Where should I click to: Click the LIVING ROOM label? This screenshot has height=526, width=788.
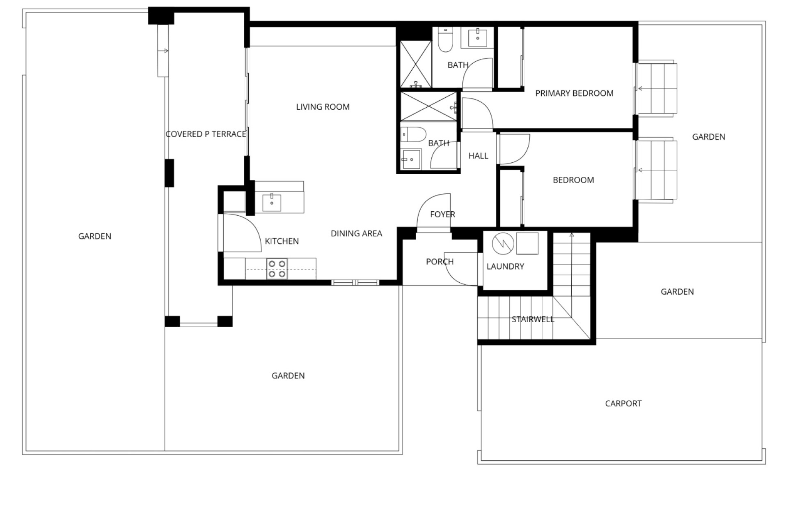tap(323, 107)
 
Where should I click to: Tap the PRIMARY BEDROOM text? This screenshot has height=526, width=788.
tap(574, 93)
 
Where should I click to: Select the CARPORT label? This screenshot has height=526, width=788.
tap(623, 404)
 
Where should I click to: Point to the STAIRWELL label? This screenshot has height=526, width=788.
tap(533, 319)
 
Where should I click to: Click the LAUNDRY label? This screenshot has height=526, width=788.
tap(505, 267)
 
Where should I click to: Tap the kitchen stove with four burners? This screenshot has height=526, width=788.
tap(277, 269)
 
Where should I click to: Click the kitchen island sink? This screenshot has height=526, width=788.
tap(272, 203)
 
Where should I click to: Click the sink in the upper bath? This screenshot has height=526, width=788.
tap(478, 38)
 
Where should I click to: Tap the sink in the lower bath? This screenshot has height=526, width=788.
tap(410, 159)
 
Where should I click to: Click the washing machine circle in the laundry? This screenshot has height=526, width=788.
tap(503, 244)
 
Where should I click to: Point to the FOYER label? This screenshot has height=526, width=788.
tap(442, 215)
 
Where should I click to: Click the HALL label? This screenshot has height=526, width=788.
tap(478, 156)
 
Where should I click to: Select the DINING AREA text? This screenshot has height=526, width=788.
tap(356, 234)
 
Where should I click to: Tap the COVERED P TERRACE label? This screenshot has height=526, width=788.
tap(206, 134)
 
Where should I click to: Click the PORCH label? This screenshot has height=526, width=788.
tap(440, 262)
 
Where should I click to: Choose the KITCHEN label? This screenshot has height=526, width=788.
tap(282, 241)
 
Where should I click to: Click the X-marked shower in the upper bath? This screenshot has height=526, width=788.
tap(416, 64)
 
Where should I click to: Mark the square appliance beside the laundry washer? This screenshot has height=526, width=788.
tap(527, 243)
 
